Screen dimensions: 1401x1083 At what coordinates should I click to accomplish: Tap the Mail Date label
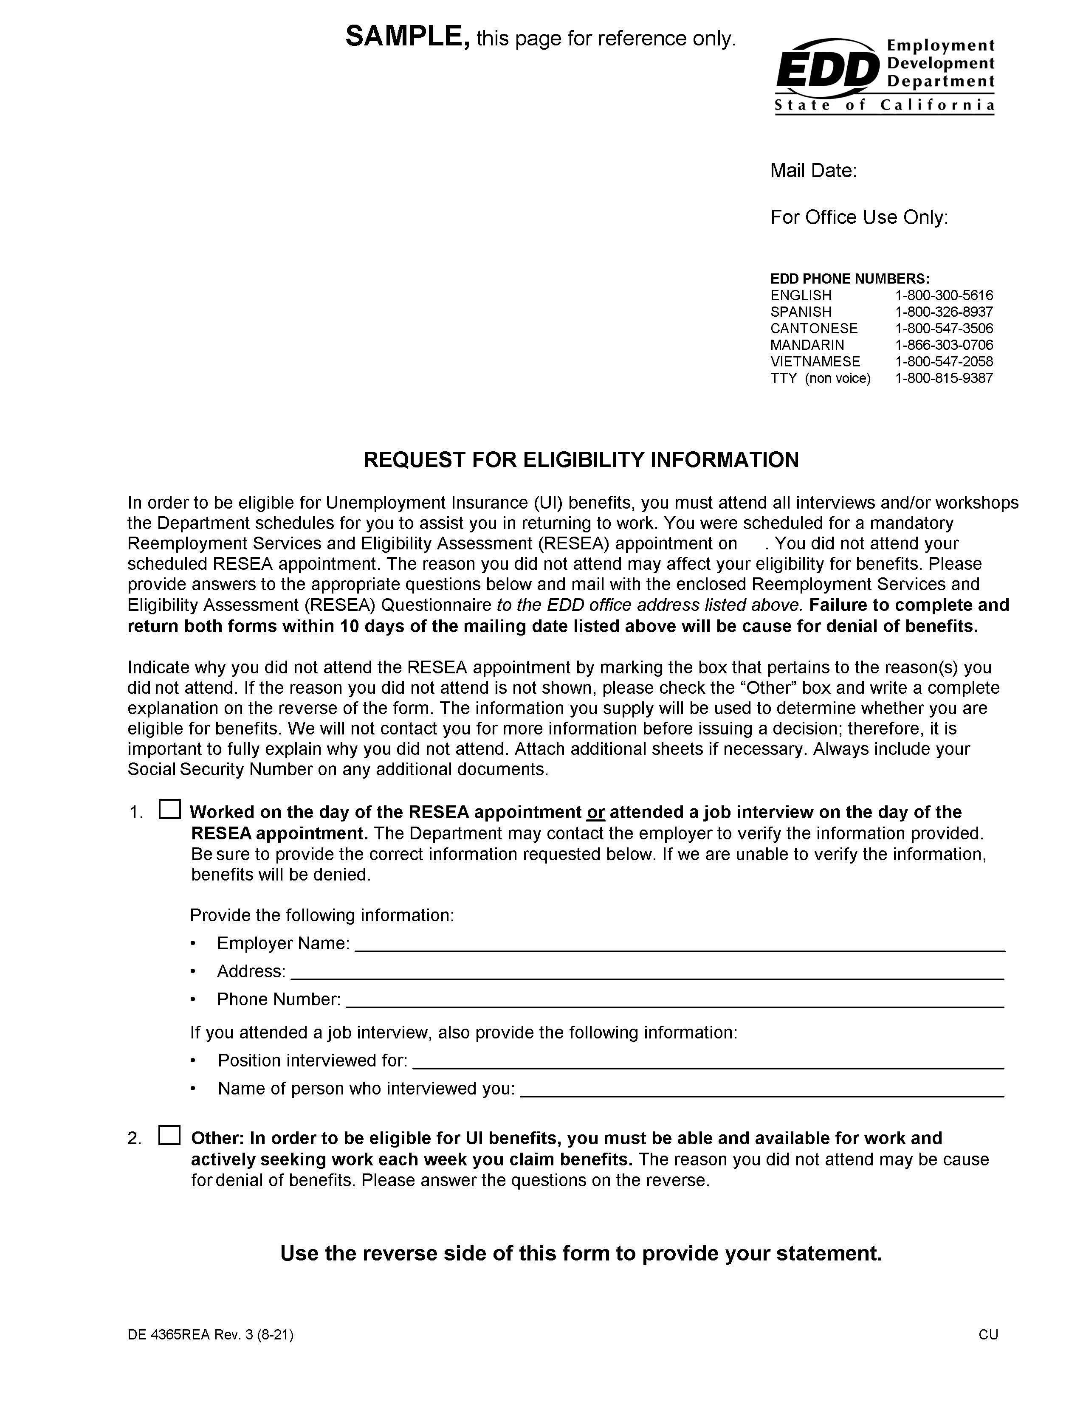coord(813,171)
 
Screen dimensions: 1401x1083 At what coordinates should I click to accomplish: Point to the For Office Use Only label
coord(858,217)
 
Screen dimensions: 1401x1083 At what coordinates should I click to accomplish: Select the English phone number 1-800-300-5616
coord(943,296)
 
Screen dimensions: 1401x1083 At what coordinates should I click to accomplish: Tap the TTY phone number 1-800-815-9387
coord(943,378)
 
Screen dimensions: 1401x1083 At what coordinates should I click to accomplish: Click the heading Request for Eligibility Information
coord(581,460)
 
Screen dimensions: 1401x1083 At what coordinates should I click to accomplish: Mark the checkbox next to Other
coord(170,1135)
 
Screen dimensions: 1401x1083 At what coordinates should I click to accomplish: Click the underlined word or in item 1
coord(595,813)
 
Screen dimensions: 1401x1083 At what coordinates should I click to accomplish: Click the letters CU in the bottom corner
coord(988,1335)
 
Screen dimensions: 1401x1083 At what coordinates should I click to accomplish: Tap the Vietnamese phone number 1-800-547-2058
coord(943,362)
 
